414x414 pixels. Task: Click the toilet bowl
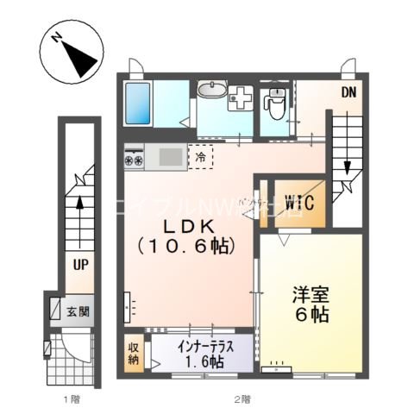[276, 105]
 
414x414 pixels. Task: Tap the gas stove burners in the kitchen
[135, 159]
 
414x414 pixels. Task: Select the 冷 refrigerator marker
[201, 157]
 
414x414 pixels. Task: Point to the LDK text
[188, 227]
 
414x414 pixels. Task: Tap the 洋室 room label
[310, 295]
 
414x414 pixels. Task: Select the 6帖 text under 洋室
[311, 316]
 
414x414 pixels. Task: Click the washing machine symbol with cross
[242, 98]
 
